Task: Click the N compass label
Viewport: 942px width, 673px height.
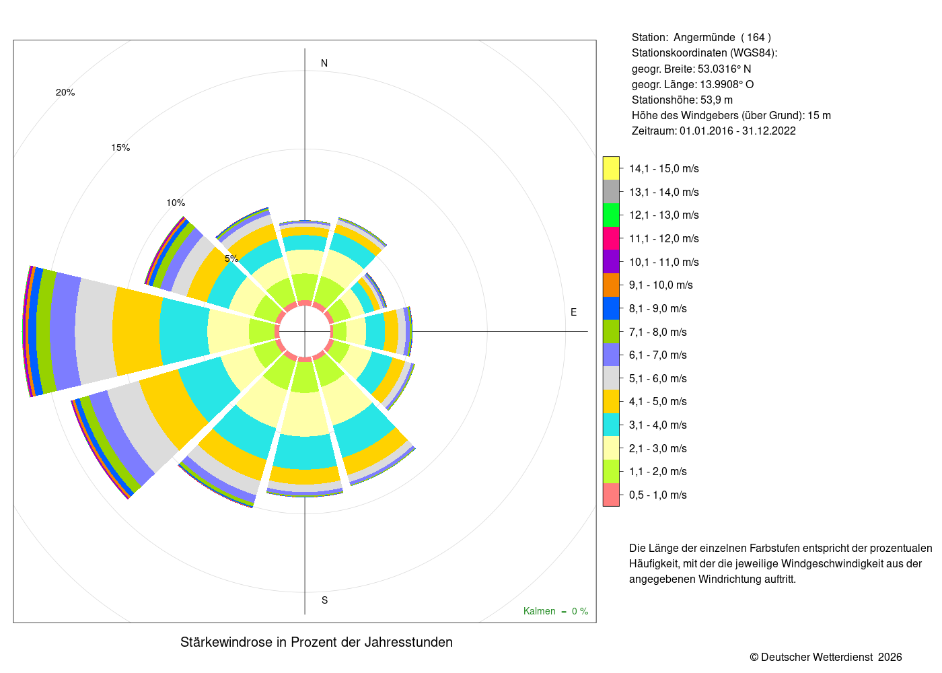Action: tap(324, 63)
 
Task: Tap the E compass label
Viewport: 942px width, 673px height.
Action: tap(573, 312)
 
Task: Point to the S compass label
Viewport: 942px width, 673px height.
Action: tap(324, 600)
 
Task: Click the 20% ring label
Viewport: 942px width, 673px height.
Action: tap(65, 92)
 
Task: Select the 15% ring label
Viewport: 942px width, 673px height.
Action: tap(120, 147)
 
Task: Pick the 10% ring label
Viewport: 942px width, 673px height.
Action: tap(176, 203)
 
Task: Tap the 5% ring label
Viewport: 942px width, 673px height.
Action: tap(231, 258)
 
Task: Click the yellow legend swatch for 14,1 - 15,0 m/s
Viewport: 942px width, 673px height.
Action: tap(611, 168)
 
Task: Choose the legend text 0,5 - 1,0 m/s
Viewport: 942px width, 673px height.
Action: tap(658, 495)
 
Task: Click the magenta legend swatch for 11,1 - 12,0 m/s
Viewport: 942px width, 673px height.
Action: tap(611, 238)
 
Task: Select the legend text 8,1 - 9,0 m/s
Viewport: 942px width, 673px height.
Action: tap(658, 308)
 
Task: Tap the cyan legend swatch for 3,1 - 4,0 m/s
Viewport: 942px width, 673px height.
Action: tap(611, 425)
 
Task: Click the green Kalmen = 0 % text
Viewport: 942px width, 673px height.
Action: tap(556, 611)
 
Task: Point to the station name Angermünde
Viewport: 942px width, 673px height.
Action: tap(704, 38)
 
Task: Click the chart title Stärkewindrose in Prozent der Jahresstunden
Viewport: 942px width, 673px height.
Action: tap(316, 642)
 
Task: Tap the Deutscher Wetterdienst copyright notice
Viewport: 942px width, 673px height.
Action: tap(826, 657)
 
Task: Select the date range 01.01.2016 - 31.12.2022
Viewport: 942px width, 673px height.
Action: tap(737, 131)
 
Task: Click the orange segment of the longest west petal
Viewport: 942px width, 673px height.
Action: tap(137, 331)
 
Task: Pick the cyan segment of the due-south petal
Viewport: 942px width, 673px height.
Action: tap(305, 452)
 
